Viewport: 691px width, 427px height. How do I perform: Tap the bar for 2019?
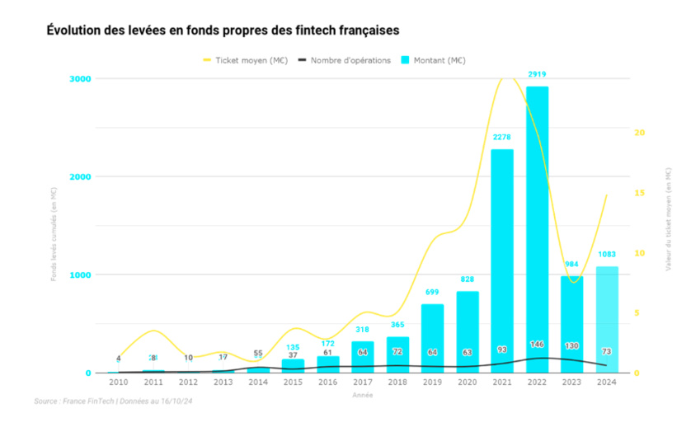coord(432,338)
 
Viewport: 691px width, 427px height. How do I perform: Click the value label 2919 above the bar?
coord(537,75)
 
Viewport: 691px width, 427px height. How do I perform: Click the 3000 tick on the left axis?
coord(80,78)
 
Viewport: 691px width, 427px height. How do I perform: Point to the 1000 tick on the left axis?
coord(80,274)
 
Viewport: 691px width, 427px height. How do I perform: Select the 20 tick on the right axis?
coord(638,133)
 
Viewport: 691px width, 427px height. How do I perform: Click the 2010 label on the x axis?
coord(118,383)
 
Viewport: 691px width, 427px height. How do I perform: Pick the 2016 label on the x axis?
coord(327,383)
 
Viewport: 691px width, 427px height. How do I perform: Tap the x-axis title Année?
coord(362,395)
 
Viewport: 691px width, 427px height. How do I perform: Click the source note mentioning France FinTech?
coord(113,401)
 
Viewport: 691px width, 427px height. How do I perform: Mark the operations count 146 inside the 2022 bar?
coord(537,345)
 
